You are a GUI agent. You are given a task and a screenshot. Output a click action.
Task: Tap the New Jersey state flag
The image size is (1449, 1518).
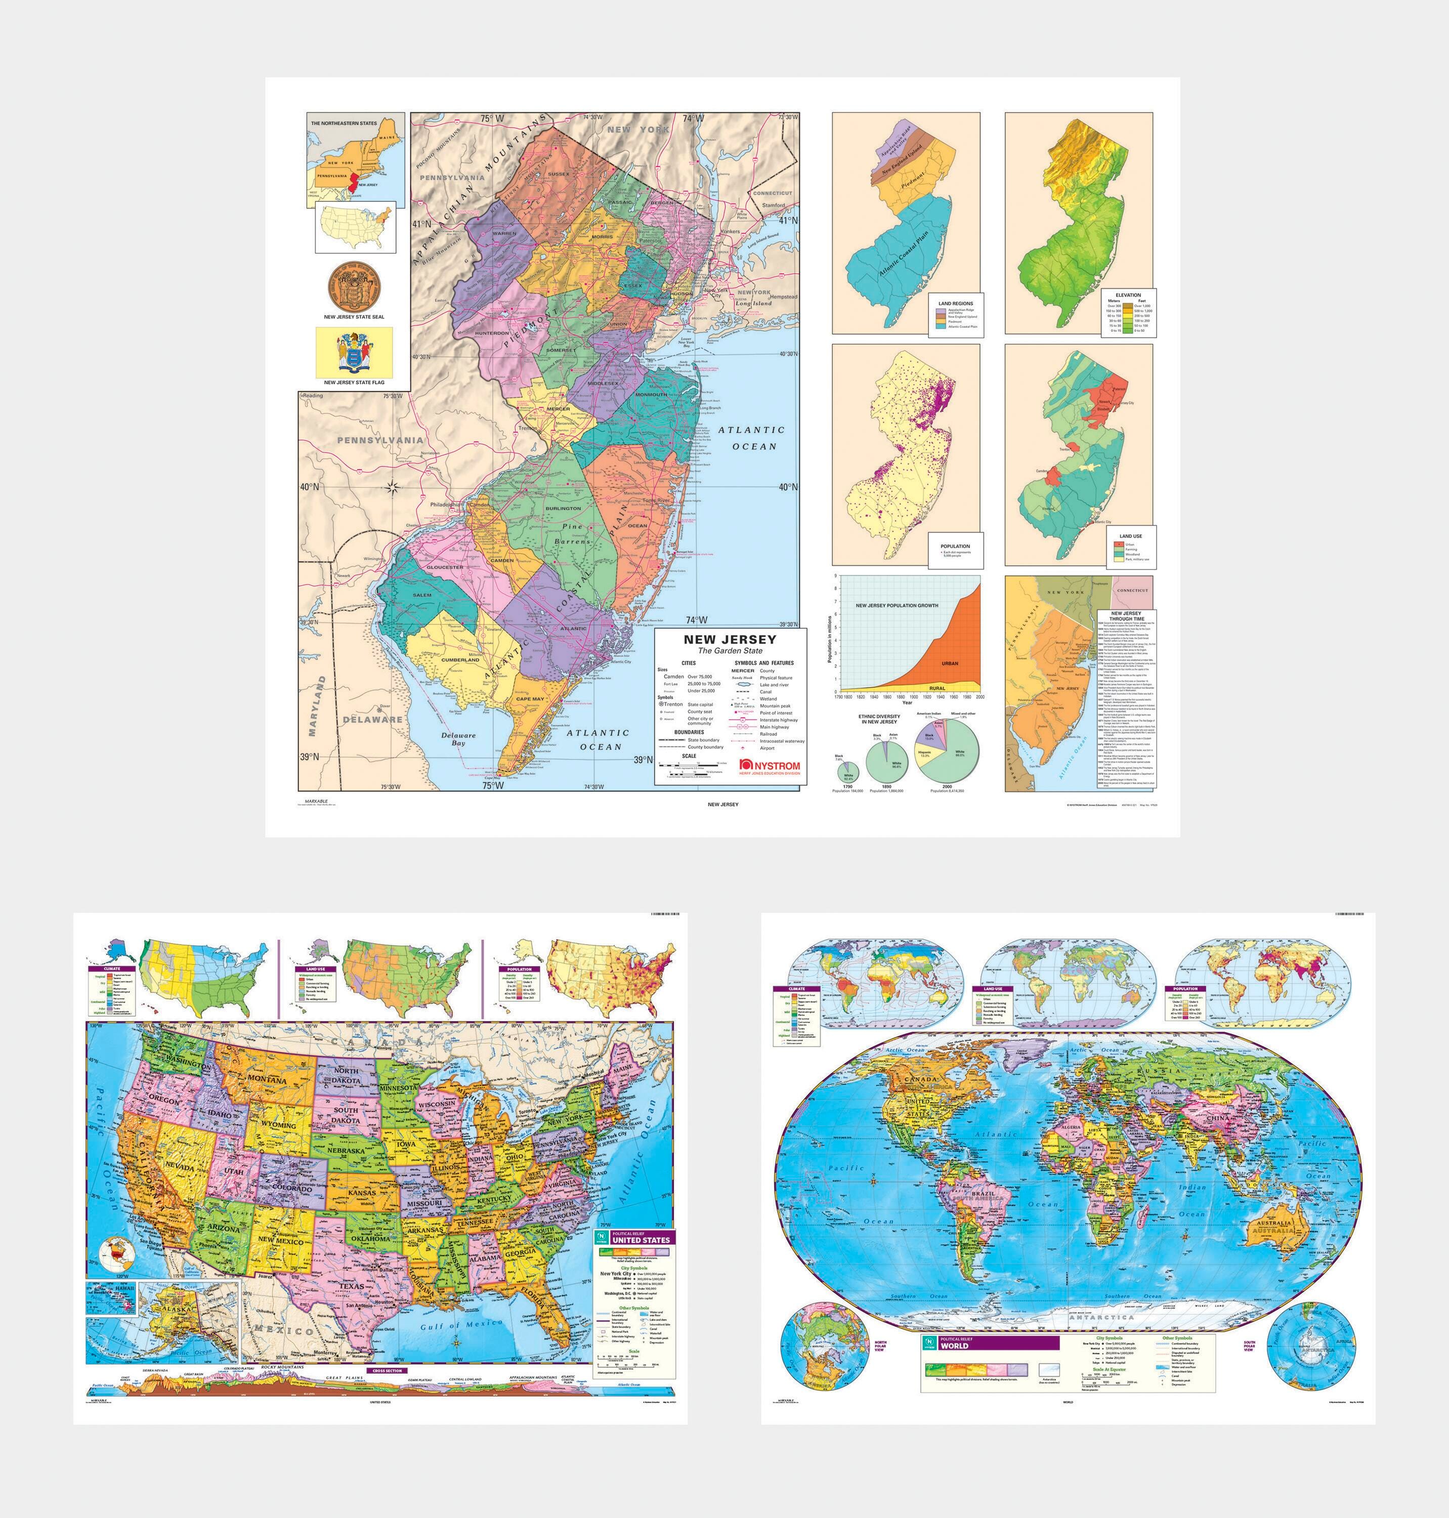pos(354,352)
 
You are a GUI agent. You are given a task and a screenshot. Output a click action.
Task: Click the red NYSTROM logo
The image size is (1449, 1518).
pos(770,765)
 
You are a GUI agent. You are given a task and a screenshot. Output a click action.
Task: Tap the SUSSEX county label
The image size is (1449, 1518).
pos(559,174)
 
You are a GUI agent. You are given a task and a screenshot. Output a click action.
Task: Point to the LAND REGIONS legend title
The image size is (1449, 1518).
pos(955,304)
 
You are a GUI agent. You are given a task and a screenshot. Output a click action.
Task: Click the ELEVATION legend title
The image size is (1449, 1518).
pos(1128,295)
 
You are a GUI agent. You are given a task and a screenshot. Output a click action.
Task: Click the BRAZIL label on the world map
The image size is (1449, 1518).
pos(983,1194)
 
